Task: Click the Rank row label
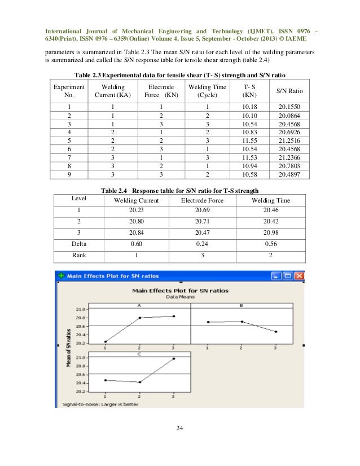tap(78, 256)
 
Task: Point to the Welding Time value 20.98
tap(271, 232)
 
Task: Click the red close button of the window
tap(299, 276)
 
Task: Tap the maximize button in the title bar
tap(288, 276)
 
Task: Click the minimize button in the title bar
tap(276, 276)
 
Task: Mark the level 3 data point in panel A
tap(173, 316)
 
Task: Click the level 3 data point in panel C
tap(173, 359)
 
